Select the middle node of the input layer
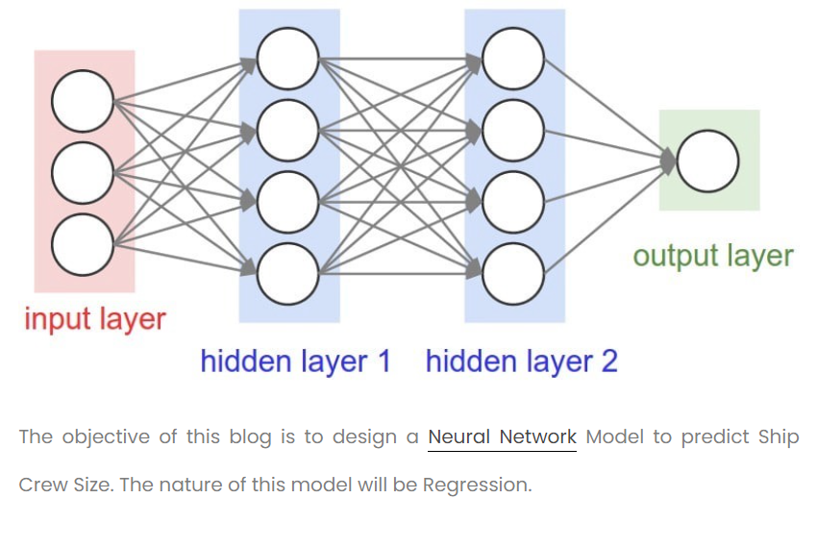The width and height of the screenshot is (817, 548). pos(83,172)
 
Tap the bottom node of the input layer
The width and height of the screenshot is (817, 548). pos(83,244)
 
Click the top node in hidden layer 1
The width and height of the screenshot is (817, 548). pos(287,59)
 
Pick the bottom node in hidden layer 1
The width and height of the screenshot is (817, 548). pos(287,274)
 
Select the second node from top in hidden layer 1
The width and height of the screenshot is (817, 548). pos(287,130)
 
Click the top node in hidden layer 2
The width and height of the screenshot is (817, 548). pos(513,59)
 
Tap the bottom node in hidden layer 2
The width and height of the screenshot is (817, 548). pos(513,274)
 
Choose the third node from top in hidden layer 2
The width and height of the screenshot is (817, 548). pos(513,202)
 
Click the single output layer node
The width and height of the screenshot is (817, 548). pos(708,161)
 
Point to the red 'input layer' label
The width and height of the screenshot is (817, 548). pos(95,319)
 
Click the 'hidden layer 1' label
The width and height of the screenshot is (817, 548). pos(296,361)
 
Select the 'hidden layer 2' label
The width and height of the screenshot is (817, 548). pos(521,361)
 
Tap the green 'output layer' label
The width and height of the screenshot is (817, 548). pos(712,256)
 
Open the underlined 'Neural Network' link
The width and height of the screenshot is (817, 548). pos(502,437)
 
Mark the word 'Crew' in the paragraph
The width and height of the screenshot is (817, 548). pos(41,486)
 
